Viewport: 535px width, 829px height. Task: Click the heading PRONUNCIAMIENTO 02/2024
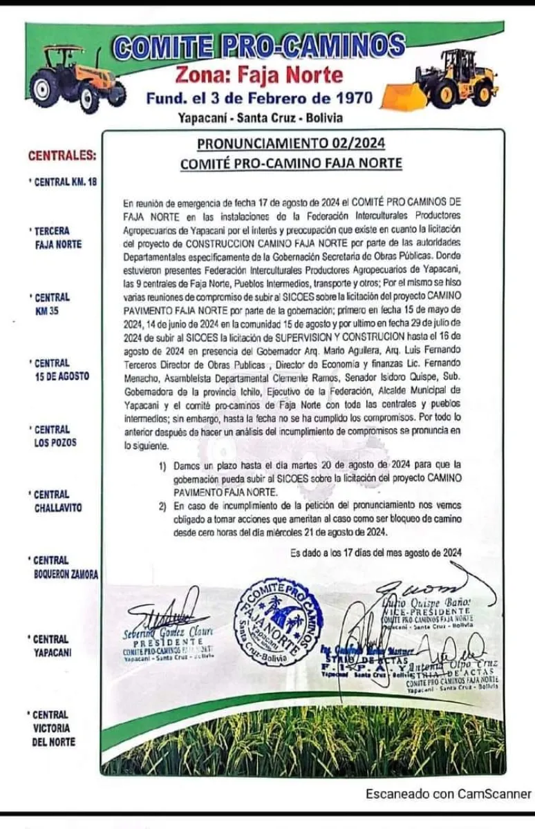[291, 144]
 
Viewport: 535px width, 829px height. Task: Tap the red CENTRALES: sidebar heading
[62, 155]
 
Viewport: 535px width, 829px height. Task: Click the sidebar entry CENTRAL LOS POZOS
[55, 436]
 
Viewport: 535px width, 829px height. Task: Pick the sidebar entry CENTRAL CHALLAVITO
[57, 501]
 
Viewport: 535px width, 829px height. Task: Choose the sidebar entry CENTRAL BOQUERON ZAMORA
[64, 567]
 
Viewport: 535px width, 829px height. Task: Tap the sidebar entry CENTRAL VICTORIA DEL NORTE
[54, 728]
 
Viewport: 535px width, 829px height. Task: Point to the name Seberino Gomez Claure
[169, 631]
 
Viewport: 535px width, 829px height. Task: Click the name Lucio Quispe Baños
[432, 602]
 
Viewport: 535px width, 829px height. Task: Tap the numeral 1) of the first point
[162, 466]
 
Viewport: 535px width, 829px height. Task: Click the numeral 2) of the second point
[162, 506]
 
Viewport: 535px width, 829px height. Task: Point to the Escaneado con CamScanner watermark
[449, 794]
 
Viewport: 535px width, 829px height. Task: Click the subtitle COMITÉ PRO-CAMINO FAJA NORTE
[291, 164]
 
